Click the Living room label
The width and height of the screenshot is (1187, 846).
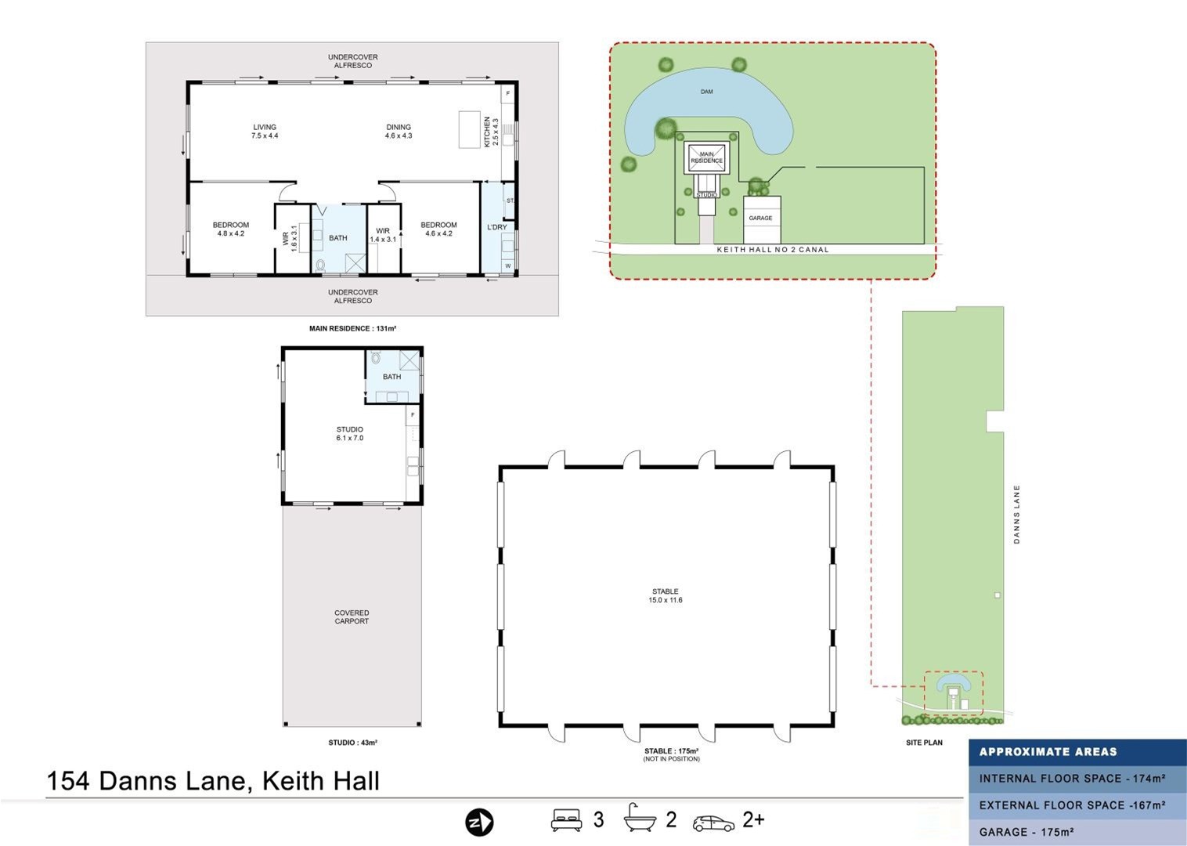pyautogui.click(x=265, y=131)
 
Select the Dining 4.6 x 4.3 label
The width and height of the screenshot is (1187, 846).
pyautogui.click(x=398, y=131)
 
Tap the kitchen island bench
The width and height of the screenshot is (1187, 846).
pyautogui.click(x=469, y=129)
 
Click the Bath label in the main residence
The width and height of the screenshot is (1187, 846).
pyautogui.click(x=337, y=238)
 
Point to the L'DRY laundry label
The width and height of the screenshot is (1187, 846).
pyautogui.click(x=496, y=227)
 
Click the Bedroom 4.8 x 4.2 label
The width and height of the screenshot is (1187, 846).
pyautogui.click(x=230, y=229)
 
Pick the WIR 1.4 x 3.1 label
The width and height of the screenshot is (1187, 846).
pyautogui.click(x=383, y=235)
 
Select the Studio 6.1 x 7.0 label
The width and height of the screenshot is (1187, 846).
pyautogui.click(x=349, y=433)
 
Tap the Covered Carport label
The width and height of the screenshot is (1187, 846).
pyautogui.click(x=352, y=617)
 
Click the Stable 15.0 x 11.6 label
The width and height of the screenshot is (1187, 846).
pyautogui.click(x=665, y=595)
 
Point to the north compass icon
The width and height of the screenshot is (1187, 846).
pyautogui.click(x=479, y=822)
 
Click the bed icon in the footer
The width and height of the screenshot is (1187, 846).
pyautogui.click(x=566, y=820)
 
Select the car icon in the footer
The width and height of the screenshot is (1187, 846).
pyautogui.click(x=713, y=822)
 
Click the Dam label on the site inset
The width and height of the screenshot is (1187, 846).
pyautogui.click(x=706, y=92)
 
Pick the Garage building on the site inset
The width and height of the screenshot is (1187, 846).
pyautogui.click(x=761, y=219)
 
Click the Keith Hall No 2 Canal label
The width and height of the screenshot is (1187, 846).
pyautogui.click(x=772, y=250)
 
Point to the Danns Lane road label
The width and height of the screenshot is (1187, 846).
pyautogui.click(x=1016, y=514)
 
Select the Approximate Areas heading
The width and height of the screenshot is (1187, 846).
pyautogui.click(x=1048, y=752)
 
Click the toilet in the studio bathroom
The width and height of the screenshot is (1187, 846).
pyautogui.click(x=376, y=358)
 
